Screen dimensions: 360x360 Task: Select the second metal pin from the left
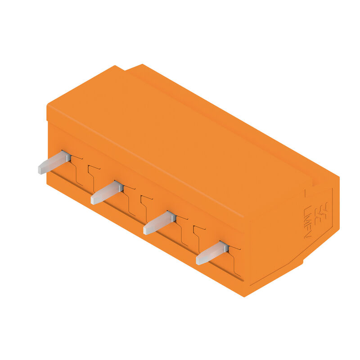click(107, 193)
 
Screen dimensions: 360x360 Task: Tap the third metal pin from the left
click(159, 223)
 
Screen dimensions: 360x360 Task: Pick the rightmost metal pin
click(212, 253)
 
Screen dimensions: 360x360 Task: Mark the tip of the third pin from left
click(146, 230)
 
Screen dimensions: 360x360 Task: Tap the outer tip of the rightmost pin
click(199, 261)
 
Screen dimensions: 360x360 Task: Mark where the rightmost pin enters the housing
click(225, 246)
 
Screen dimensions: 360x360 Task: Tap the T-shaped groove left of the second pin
click(93, 175)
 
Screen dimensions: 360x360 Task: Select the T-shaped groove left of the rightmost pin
click(198, 235)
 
